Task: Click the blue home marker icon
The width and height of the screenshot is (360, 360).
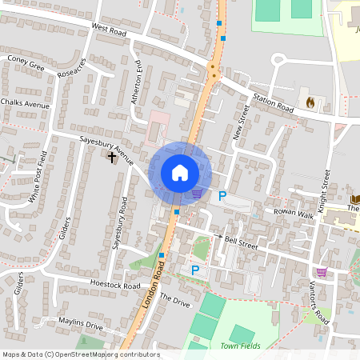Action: coord(179,173)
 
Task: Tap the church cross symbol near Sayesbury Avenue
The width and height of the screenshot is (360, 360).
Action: coord(111,157)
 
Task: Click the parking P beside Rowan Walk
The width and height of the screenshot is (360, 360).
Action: coord(223,196)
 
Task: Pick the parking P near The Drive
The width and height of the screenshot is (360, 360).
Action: coord(194,271)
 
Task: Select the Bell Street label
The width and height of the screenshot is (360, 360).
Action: coord(241,242)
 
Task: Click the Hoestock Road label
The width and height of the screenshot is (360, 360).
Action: coord(115,285)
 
